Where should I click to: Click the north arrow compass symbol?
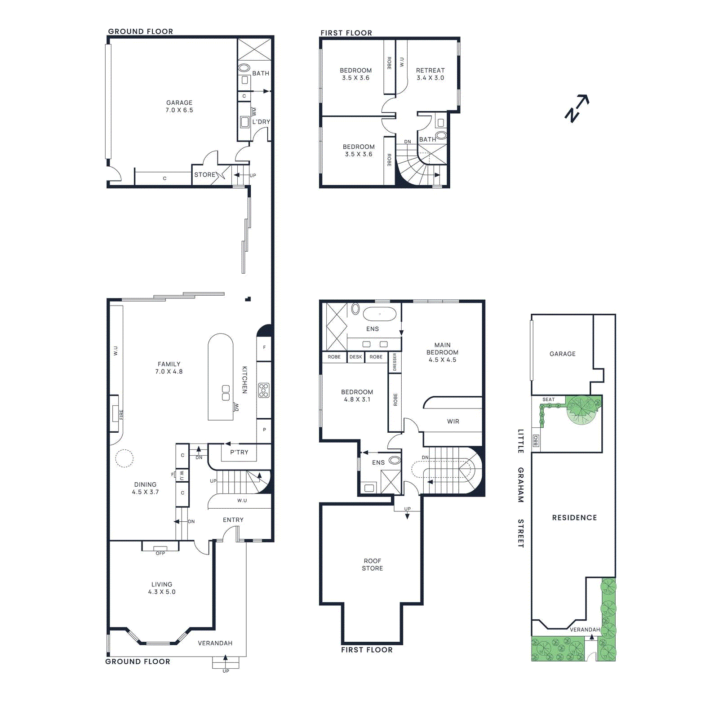point(577,108)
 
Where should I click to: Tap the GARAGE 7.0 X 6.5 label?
point(179,107)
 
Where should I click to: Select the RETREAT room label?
point(430,74)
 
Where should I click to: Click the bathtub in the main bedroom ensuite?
point(380,314)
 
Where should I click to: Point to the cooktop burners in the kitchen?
point(264,390)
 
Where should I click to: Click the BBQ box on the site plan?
point(536,441)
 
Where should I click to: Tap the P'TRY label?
point(239,453)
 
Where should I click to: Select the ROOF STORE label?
point(372,564)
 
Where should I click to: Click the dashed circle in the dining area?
point(124,459)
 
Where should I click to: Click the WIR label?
point(453,422)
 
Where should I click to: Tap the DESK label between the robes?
point(355,357)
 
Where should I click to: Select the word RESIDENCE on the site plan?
point(574,518)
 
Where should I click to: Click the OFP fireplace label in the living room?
point(160,553)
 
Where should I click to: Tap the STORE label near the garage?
point(205,175)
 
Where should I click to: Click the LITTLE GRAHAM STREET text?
point(520,488)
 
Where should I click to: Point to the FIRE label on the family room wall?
point(121,414)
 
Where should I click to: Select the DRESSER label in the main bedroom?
point(395,362)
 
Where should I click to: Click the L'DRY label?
point(261,122)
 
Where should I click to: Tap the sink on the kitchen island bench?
point(226,393)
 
